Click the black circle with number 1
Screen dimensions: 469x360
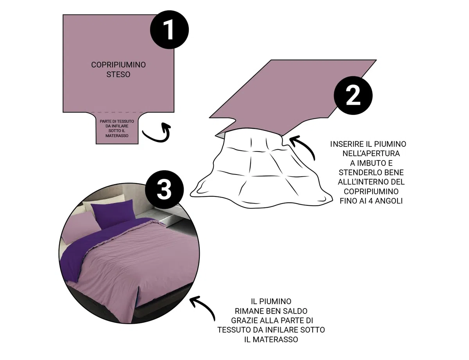169,30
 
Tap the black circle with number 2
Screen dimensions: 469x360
353,96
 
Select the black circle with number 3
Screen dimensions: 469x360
165,190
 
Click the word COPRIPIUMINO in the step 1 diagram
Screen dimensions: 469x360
118,65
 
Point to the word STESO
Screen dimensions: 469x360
118,74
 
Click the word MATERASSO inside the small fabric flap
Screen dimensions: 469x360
117,136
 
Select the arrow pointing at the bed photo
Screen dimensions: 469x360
205,306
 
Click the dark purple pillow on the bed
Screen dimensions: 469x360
113,214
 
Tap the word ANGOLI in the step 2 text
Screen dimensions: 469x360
389,201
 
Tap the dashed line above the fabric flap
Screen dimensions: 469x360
117,112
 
